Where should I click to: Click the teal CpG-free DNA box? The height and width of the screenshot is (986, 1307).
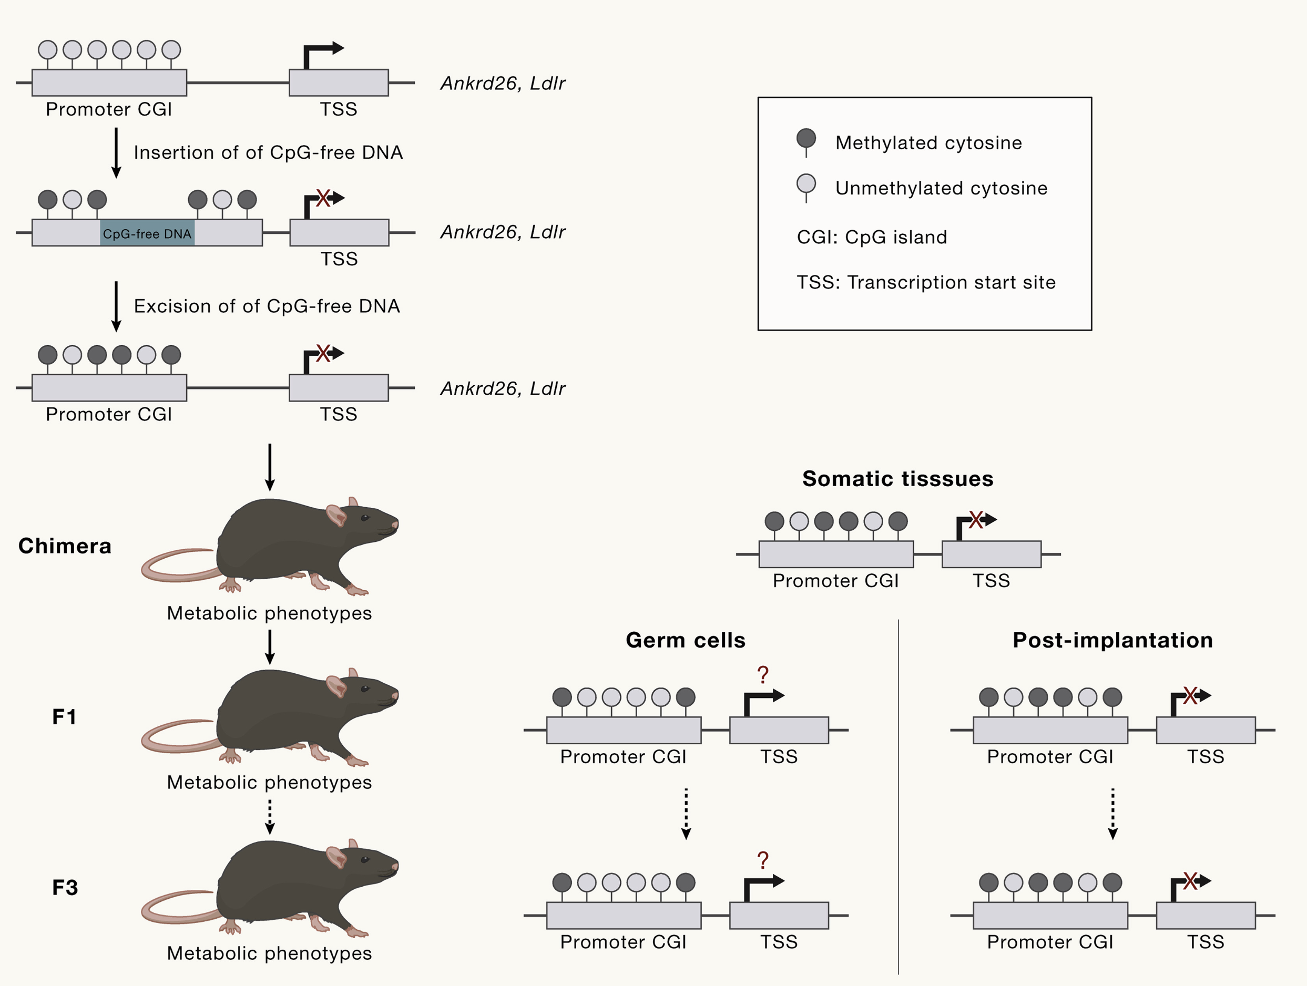[x=147, y=233]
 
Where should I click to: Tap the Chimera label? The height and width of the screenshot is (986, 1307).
[x=65, y=546]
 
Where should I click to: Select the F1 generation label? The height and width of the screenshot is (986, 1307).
[x=64, y=716]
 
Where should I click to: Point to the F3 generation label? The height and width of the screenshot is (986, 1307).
[x=65, y=887]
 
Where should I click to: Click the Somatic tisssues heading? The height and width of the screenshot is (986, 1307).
[x=897, y=478]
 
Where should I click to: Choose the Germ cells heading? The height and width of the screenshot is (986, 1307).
[x=686, y=640]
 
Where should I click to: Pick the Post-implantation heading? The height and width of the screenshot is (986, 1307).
[x=1112, y=640]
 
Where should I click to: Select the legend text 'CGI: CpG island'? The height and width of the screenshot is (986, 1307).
[x=872, y=237]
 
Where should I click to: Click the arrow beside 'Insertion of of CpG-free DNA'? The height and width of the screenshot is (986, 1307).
[x=116, y=152]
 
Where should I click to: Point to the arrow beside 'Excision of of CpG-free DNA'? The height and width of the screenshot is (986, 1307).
[x=116, y=306]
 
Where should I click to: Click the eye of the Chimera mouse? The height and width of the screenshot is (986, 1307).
[x=365, y=518]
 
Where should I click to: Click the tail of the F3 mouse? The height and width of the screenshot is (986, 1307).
[x=171, y=907]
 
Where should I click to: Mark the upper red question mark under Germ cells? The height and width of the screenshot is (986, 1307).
[x=763, y=674]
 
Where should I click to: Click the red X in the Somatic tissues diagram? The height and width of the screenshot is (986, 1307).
[x=976, y=520]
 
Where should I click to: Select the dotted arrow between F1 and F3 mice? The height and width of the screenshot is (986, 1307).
[x=270, y=816]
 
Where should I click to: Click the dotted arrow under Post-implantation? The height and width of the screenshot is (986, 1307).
[x=1112, y=813]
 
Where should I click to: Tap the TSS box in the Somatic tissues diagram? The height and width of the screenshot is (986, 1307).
[x=991, y=554]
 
